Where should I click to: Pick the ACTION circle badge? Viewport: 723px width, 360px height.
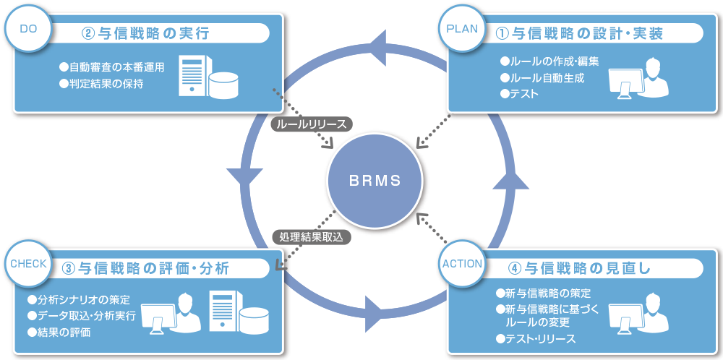coord(461,264)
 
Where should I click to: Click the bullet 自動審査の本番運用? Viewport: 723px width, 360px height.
coord(112,67)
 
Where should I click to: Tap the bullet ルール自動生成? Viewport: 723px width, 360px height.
coord(542,77)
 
